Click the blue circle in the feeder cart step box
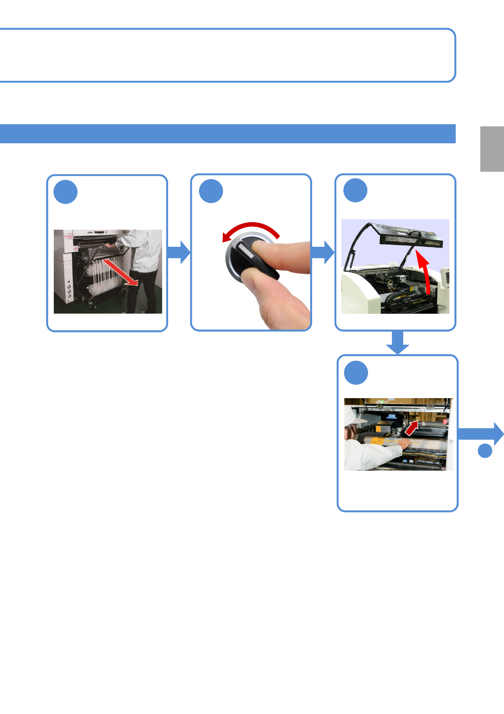pyautogui.click(x=66, y=192)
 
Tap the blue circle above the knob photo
pyautogui.click(x=211, y=191)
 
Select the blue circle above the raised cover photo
pyautogui.click(x=355, y=190)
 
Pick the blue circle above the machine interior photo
pyautogui.click(x=356, y=373)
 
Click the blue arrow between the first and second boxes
pyautogui.click(x=179, y=252)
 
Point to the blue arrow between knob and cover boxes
pyautogui.click(x=323, y=252)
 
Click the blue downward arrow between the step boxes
pyautogui.click(x=397, y=343)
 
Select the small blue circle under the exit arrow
pyautogui.click(x=485, y=451)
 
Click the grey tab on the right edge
pyautogui.click(x=492, y=149)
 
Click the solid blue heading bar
pyautogui.click(x=227, y=134)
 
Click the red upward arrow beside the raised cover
pyautogui.click(x=425, y=271)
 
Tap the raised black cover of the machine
pyautogui.click(x=411, y=239)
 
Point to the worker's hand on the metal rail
pyautogui.click(x=404, y=444)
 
